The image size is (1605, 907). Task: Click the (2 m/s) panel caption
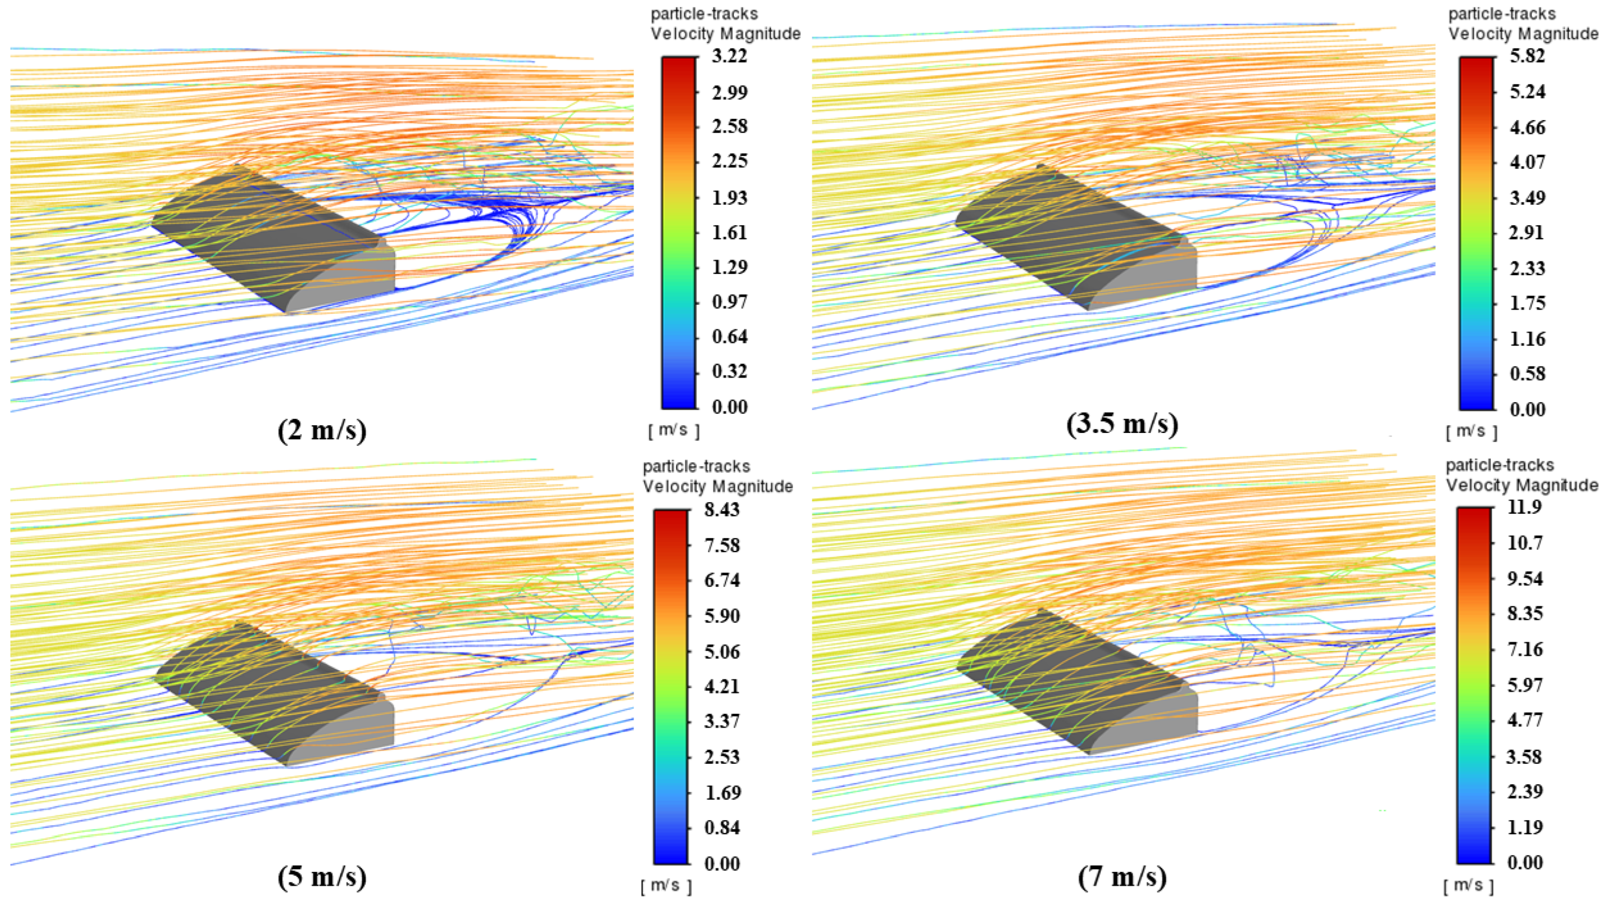tap(322, 430)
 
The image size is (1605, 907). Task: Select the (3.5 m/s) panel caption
tap(1122, 424)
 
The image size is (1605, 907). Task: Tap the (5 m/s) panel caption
tap(322, 876)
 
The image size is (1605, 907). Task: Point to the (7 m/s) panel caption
tap(1122, 876)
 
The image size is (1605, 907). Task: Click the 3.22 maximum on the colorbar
tap(730, 56)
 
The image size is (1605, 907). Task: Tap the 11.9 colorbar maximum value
tap(1525, 507)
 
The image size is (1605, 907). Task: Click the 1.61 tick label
tap(730, 232)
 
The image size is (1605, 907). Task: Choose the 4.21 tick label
tap(722, 686)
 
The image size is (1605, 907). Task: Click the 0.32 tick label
tap(730, 371)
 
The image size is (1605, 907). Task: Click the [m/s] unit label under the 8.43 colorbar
tap(667, 885)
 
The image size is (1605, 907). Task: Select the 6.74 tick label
tap(722, 580)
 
